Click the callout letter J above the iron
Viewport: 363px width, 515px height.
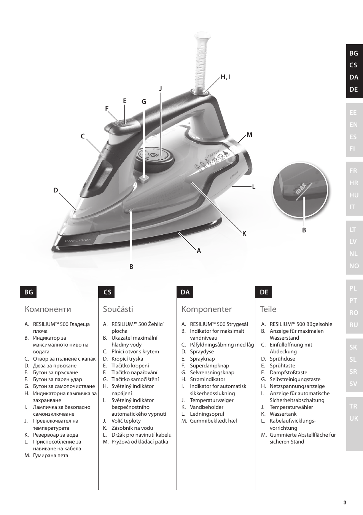(x=161, y=89)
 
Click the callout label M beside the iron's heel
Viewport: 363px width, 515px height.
(x=249, y=135)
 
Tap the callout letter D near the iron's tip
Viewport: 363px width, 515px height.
(x=56, y=190)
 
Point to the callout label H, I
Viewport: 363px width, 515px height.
(x=226, y=77)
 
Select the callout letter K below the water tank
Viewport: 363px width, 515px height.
(x=245, y=234)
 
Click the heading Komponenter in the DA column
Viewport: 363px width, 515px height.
(x=207, y=309)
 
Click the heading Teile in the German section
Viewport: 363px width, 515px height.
(x=268, y=309)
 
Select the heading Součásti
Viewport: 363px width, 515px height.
(x=118, y=309)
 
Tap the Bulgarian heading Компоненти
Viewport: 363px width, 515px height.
(x=48, y=309)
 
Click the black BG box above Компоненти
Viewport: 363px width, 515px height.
(x=29, y=292)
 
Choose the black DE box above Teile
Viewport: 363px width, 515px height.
(x=264, y=292)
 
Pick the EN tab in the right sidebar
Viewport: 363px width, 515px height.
(x=353, y=125)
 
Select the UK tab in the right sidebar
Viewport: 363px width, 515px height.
(x=353, y=418)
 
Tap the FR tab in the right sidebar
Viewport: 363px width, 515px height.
(x=353, y=171)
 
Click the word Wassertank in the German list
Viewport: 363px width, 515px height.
(x=283, y=414)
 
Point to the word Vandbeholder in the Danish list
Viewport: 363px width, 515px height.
(x=207, y=407)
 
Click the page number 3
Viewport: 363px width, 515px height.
(x=345, y=502)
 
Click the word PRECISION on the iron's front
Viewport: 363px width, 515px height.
(x=78, y=240)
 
